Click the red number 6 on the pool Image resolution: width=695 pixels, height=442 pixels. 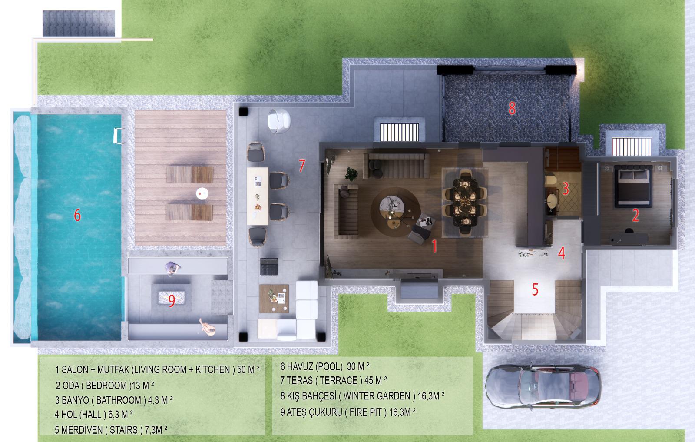click(77, 215)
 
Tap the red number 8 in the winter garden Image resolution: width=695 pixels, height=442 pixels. click(512, 108)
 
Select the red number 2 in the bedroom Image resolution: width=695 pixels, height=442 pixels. click(635, 216)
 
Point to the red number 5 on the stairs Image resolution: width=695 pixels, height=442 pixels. click(535, 289)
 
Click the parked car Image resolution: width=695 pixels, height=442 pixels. click(543, 386)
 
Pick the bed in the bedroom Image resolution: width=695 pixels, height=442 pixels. click(633, 186)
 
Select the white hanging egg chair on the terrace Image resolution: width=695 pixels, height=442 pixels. click(279, 121)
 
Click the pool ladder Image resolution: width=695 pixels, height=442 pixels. click(119, 136)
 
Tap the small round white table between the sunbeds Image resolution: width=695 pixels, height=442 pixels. click(202, 193)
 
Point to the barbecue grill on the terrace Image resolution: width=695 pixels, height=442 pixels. click(269, 266)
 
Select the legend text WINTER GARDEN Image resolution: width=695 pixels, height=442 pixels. click(377, 396)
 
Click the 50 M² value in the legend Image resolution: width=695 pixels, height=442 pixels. click(248, 369)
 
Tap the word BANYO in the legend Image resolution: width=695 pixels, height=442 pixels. click(75, 400)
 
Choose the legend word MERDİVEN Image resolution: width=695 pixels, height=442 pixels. click(82, 430)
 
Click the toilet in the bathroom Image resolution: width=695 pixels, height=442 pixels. click(551, 179)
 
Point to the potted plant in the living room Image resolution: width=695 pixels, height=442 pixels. click(351, 174)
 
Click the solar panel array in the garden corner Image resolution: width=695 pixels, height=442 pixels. click(79, 23)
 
